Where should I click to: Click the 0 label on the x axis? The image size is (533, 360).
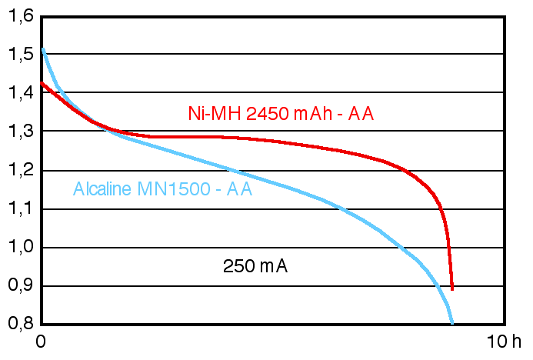coord(42,342)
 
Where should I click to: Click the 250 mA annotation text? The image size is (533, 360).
coord(255,267)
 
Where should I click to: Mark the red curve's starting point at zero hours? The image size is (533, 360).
coord(42,82)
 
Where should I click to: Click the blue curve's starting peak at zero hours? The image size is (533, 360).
coord(42,48)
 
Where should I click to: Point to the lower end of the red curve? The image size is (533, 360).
coord(452,288)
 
